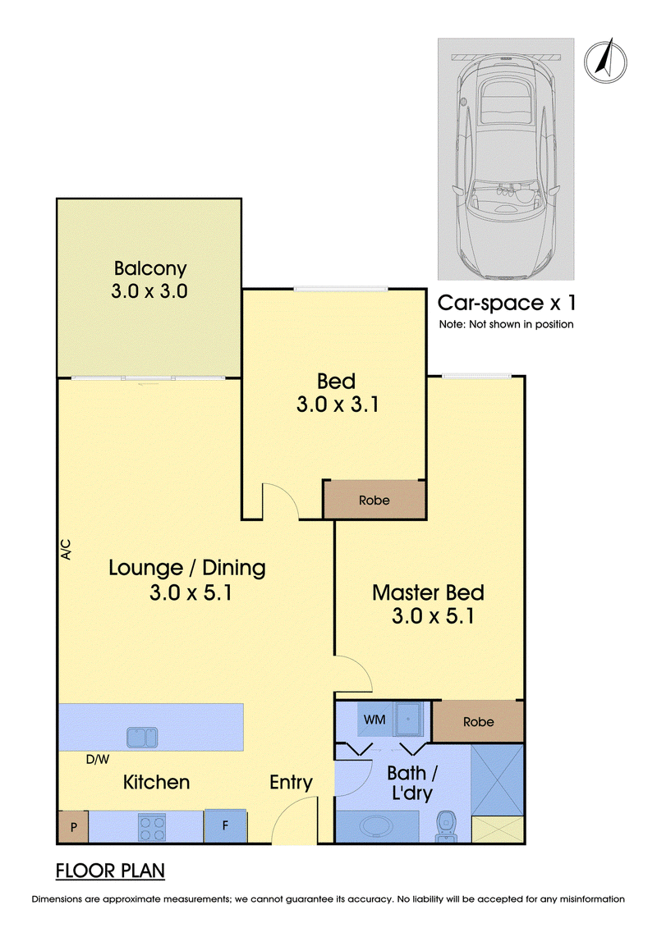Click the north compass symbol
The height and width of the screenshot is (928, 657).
605,61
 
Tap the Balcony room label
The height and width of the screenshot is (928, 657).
150,268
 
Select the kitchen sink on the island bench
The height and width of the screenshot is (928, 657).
142,737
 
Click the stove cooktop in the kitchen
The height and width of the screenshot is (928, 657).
152,827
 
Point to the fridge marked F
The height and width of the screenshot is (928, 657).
225,825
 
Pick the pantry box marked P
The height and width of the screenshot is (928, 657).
73,827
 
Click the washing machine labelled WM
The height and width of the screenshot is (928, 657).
374,719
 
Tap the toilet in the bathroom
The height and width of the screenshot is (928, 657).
444,825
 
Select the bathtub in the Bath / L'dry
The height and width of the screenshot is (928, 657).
377,826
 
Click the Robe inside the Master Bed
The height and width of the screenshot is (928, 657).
478,721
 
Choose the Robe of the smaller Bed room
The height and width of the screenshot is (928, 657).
374,500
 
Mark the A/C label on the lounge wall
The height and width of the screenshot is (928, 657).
65,549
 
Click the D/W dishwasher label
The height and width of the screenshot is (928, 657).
98,759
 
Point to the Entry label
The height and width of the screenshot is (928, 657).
291,783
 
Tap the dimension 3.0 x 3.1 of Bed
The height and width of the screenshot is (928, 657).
337,405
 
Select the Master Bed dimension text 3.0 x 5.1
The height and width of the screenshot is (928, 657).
433,616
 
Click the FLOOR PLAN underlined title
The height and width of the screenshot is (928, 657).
110,871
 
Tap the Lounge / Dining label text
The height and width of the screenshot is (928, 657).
187,568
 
